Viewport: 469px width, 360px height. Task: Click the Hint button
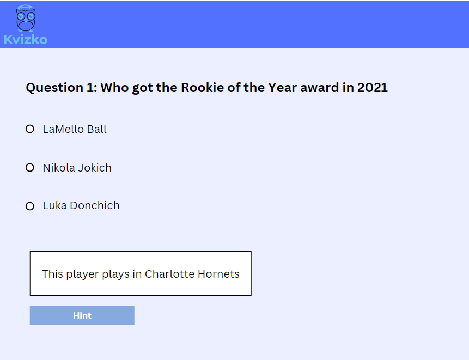coord(82,315)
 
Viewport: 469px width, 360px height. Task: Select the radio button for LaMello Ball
coord(30,129)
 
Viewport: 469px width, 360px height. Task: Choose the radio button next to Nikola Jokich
coord(30,167)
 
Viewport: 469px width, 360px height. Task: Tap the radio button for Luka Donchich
coord(30,206)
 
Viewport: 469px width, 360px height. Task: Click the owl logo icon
coord(26,18)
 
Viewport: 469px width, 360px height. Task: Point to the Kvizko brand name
coord(26,40)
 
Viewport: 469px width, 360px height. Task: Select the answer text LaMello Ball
coord(75,129)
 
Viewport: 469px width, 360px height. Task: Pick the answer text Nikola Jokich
coord(77,168)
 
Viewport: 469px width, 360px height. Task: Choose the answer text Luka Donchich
coord(81,206)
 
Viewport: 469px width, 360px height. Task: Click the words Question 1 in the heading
coord(62,88)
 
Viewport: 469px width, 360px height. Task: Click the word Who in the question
coord(114,88)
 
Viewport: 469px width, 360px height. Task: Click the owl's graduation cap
coord(26,7)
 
